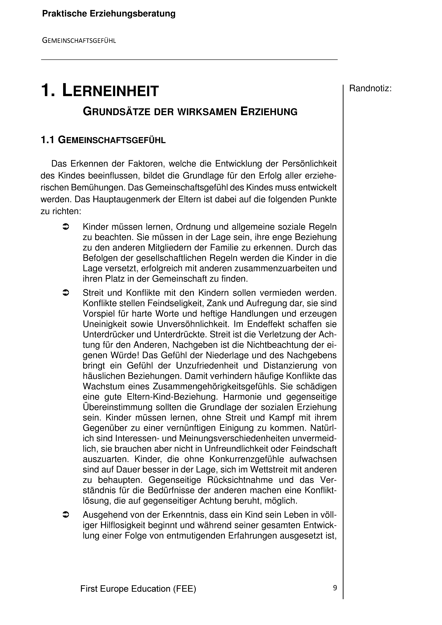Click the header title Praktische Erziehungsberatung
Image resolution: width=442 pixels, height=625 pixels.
coord(109,14)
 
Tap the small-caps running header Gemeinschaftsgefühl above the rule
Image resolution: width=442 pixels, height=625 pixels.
coord(79,41)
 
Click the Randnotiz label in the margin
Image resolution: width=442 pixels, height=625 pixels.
coord(370,88)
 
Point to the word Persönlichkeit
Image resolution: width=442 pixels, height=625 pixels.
coord(309,164)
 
